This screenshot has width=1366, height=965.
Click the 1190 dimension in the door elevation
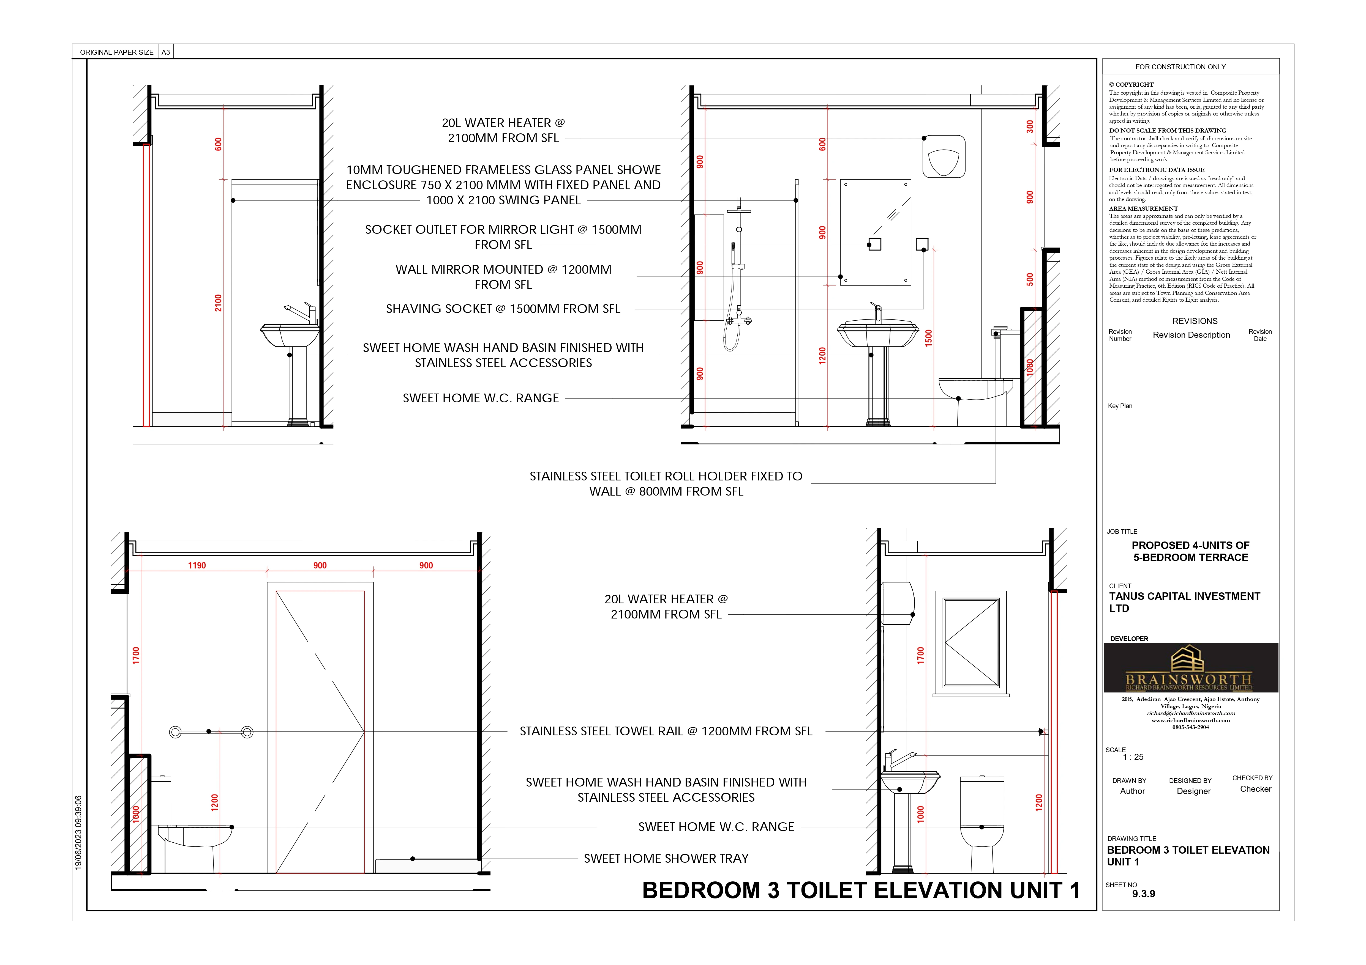(x=197, y=565)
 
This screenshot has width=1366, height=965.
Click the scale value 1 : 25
(x=1133, y=757)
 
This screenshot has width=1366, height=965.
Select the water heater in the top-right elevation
(x=944, y=156)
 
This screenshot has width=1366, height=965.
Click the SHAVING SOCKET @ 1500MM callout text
(x=503, y=309)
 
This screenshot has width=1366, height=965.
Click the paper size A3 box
(x=166, y=52)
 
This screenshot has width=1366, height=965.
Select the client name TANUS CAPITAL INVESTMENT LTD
(x=1184, y=602)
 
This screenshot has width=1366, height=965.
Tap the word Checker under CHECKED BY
(x=1255, y=789)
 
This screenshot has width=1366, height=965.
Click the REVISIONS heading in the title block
(x=1195, y=321)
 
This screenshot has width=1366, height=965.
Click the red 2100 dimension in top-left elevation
(x=218, y=303)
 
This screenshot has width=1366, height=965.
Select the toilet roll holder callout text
(x=666, y=483)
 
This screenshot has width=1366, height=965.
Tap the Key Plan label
(x=1120, y=406)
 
